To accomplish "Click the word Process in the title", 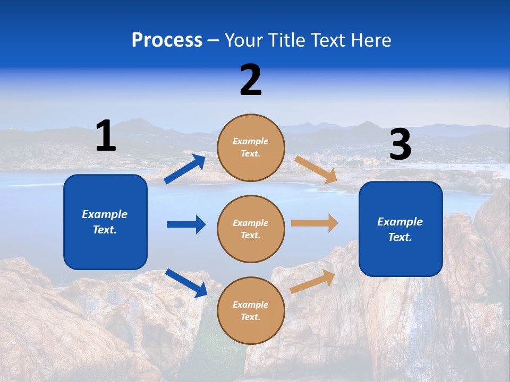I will tap(167, 40).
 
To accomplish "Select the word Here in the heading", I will tap(369, 40).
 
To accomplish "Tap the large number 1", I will tap(106, 136).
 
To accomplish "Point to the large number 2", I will tap(251, 80).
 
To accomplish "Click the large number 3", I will tap(400, 145).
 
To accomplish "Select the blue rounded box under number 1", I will tap(105, 222).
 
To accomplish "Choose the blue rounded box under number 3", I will tap(401, 229).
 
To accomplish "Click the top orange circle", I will tap(251, 147).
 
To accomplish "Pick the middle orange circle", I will tap(251, 229).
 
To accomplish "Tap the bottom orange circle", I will tap(251, 310).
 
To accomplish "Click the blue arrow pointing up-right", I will tap(184, 169).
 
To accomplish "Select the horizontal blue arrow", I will tap(186, 224).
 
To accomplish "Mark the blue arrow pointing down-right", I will tap(186, 283).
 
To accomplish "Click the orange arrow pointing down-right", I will tap(316, 170).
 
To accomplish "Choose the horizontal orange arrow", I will tap(314, 223).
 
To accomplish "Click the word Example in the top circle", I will tap(250, 142).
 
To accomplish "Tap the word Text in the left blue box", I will tap(104, 230).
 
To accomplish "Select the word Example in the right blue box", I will tap(400, 222).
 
